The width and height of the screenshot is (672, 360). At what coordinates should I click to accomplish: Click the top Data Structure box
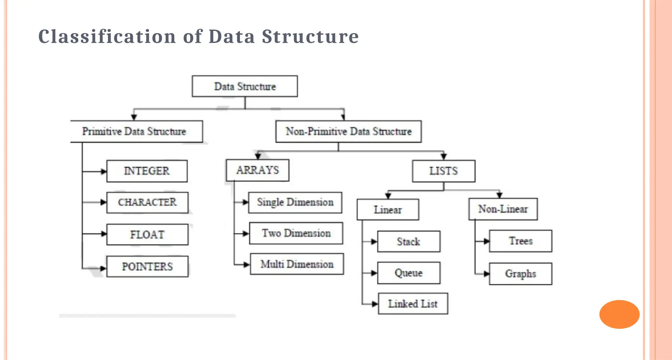click(245, 86)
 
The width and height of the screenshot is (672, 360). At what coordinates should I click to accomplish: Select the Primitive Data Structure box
click(136, 132)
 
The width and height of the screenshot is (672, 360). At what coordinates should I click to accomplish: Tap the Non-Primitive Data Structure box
click(348, 132)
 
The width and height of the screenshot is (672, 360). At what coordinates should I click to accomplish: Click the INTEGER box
click(147, 171)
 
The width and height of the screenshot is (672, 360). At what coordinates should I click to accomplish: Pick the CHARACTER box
click(147, 202)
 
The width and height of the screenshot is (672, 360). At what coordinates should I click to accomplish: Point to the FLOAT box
click(147, 235)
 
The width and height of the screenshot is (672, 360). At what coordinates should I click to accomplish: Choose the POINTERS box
click(147, 266)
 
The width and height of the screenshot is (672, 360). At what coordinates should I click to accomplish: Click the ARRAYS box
click(258, 170)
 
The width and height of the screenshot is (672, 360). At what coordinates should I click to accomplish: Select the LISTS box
click(444, 171)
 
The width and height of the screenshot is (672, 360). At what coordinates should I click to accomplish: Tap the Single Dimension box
click(295, 202)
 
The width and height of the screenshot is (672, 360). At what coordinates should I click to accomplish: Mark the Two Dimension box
click(296, 233)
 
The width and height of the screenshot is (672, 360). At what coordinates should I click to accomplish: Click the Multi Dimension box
click(297, 264)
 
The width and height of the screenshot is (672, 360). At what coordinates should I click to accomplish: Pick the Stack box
click(409, 242)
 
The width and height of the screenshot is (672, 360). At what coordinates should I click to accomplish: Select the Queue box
click(409, 273)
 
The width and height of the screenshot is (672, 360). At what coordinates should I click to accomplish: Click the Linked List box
click(413, 304)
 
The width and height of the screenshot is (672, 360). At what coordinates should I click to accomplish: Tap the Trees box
click(521, 241)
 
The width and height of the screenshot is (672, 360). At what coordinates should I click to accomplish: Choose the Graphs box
click(521, 274)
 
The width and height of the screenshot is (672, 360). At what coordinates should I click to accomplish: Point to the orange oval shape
click(619, 314)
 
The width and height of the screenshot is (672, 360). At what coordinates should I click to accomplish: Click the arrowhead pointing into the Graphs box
click(487, 274)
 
